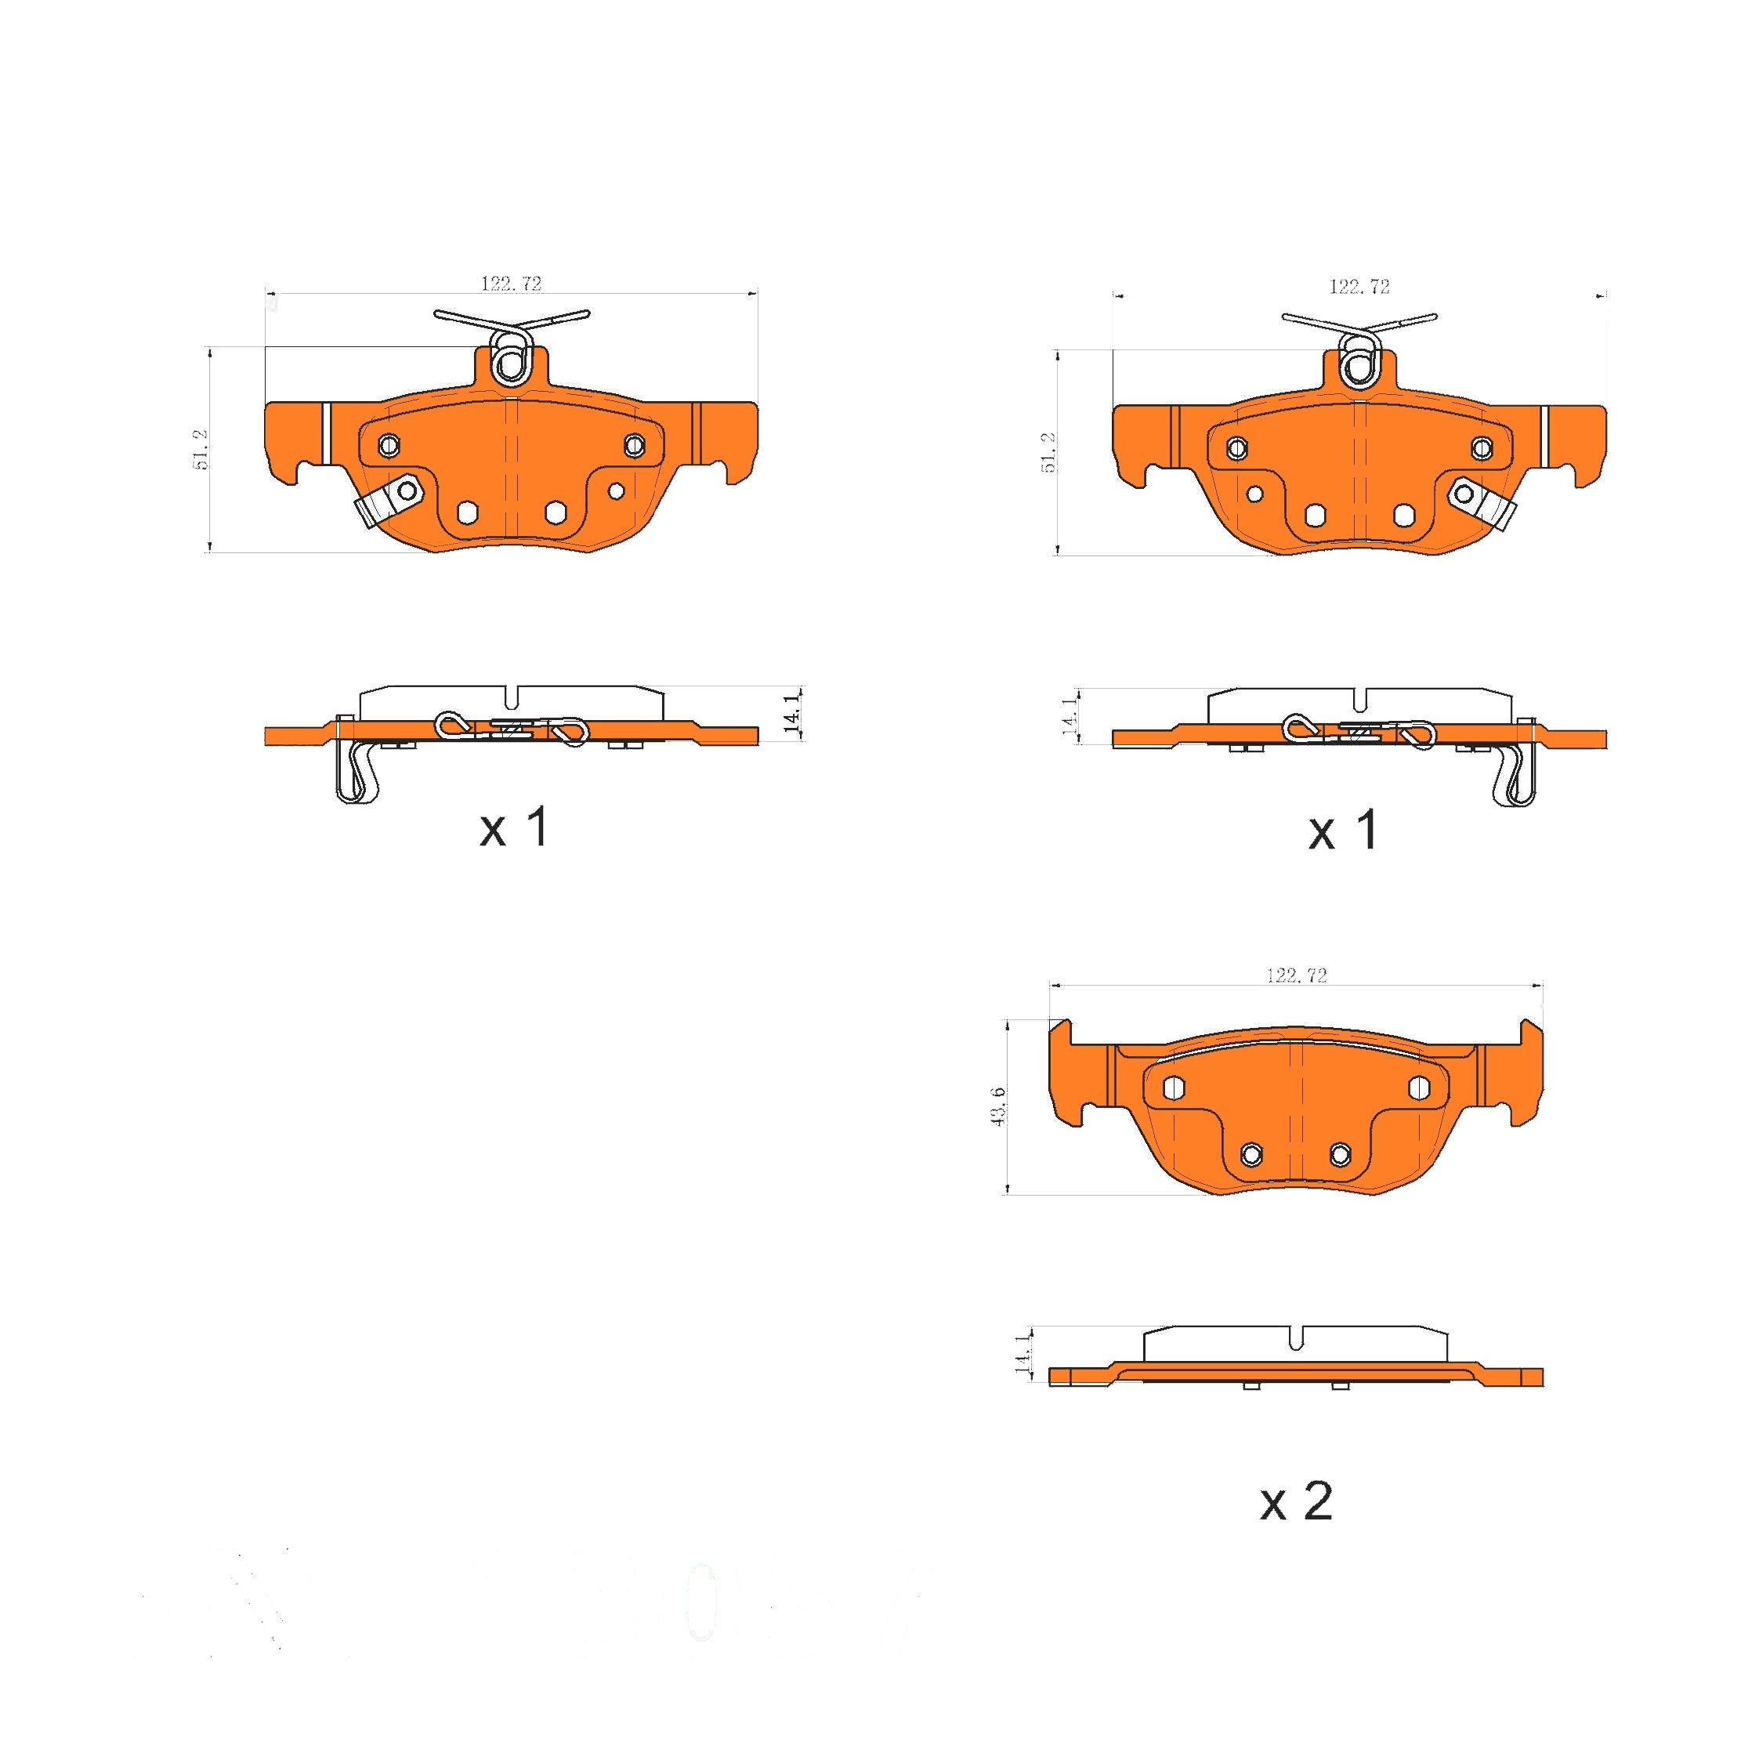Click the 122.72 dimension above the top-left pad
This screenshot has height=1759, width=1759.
click(511, 283)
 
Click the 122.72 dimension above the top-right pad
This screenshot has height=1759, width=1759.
click(1359, 287)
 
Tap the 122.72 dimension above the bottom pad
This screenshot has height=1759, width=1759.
click(1297, 975)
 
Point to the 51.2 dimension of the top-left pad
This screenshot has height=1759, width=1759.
click(201, 449)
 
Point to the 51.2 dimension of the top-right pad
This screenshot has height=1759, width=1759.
click(1049, 453)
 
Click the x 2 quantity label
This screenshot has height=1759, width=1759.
click(1297, 1501)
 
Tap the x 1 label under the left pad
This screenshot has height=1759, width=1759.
click(515, 827)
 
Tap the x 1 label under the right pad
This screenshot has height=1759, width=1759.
click(1344, 831)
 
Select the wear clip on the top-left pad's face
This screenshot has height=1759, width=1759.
click(384, 504)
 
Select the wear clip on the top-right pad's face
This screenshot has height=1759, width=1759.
click(1482, 505)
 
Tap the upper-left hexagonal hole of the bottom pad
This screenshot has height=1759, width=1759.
click(1174, 1087)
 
